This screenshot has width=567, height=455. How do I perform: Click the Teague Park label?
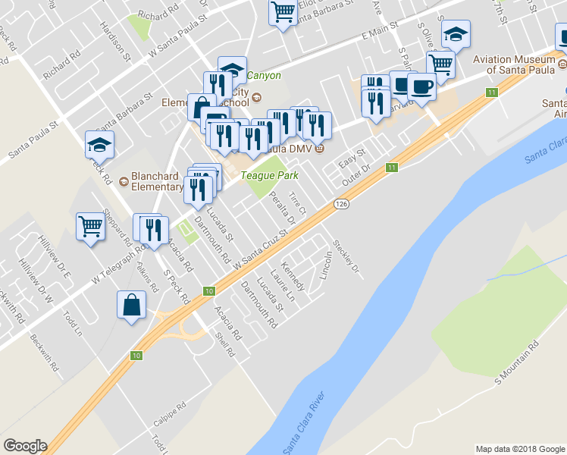pyautogui.click(x=269, y=175)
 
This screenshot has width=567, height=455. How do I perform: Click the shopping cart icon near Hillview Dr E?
pyautogui.click(x=90, y=225)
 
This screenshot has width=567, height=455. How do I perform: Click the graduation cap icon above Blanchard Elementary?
pyautogui.click(x=99, y=143)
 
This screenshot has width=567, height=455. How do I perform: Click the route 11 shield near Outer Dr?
pyautogui.click(x=391, y=167)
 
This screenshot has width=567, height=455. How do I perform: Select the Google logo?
pyautogui.click(x=25, y=446)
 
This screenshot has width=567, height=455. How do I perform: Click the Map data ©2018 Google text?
pyautogui.click(x=519, y=449)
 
